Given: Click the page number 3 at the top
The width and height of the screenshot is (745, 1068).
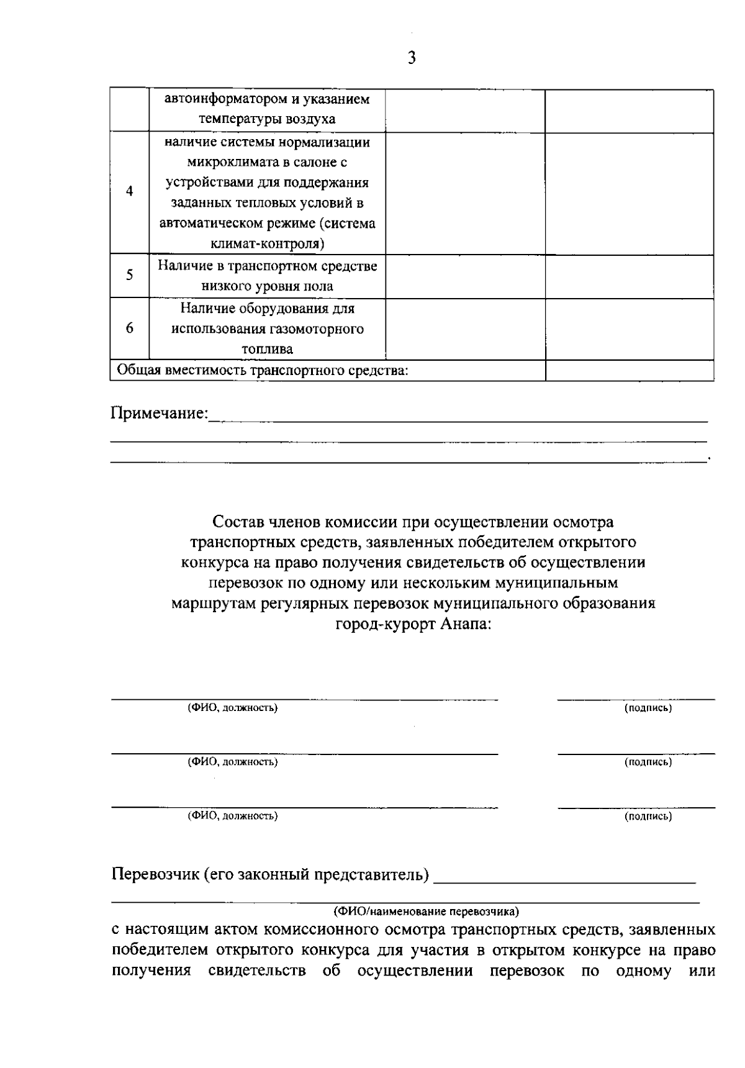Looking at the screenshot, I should [412, 58].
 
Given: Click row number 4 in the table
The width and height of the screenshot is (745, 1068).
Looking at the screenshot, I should [129, 191].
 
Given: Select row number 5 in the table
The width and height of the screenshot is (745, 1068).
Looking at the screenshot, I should [129, 274].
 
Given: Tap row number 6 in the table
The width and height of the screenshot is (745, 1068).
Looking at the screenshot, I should [129, 328].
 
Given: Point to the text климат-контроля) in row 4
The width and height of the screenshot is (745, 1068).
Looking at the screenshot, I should [268, 243].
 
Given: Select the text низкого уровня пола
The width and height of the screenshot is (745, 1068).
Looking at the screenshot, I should [267, 286].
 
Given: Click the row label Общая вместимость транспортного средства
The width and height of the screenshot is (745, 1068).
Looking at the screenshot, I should [263, 371].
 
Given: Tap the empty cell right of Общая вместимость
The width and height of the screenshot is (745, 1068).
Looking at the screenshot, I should [629, 371].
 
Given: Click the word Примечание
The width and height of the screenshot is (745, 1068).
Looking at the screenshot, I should [159, 414].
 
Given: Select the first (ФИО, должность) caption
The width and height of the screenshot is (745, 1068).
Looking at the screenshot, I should [233, 708].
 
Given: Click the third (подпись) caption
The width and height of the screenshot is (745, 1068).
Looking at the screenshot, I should [648, 817].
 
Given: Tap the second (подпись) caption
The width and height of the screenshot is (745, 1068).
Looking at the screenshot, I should [648, 762].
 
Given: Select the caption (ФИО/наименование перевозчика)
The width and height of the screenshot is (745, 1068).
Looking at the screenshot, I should [426, 912].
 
